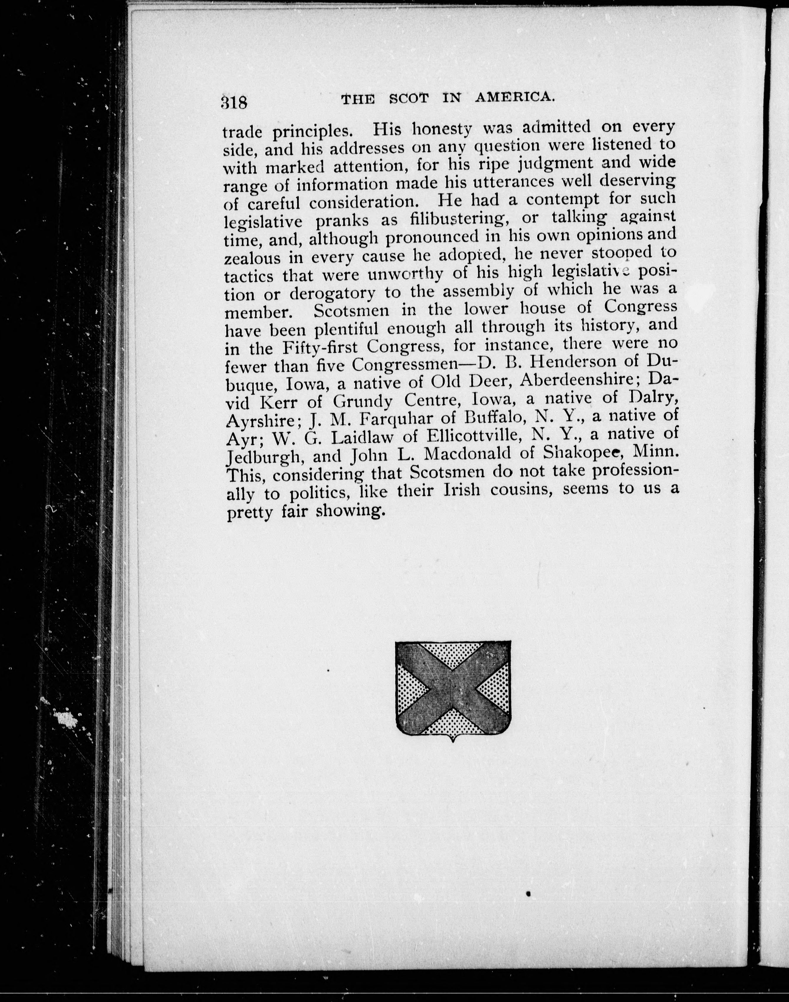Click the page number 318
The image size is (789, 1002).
[234, 103]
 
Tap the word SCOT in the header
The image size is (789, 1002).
[409, 98]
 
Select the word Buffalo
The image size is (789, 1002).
[495, 417]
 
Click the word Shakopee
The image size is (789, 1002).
[581, 452]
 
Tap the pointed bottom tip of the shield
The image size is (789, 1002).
[453, 741]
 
